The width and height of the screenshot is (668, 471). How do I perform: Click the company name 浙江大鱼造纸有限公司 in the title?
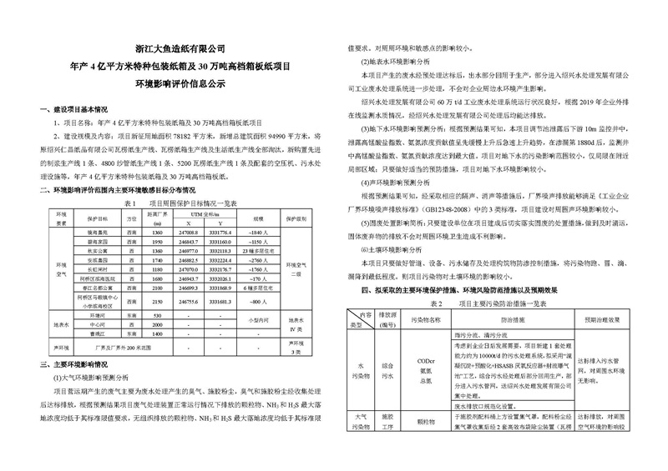coord(181,50)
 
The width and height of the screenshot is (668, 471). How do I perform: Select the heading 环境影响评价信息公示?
coord(181,83)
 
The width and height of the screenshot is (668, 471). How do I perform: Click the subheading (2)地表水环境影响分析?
coord(392,62)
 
